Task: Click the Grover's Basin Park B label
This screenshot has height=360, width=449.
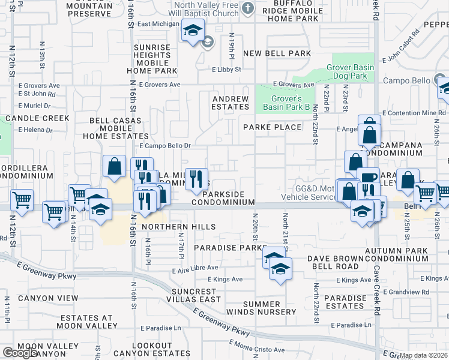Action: point(286,103)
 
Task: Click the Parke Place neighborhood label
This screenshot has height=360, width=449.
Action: point(272,127)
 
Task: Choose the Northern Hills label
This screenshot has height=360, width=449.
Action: point(179,226)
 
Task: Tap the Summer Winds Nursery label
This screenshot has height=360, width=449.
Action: point(270,308)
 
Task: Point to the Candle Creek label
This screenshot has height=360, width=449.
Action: point(29,119)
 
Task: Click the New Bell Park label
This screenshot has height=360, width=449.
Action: point(277,53)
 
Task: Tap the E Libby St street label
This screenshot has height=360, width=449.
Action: point(226,70)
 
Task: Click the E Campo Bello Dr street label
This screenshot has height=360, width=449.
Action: point(164,146)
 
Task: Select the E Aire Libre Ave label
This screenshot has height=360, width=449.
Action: point(214,268)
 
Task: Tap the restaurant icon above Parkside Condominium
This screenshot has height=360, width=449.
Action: point(196,179)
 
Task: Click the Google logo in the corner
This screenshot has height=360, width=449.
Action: point(19,353)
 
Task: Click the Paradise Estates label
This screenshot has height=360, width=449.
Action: point(345,302)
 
